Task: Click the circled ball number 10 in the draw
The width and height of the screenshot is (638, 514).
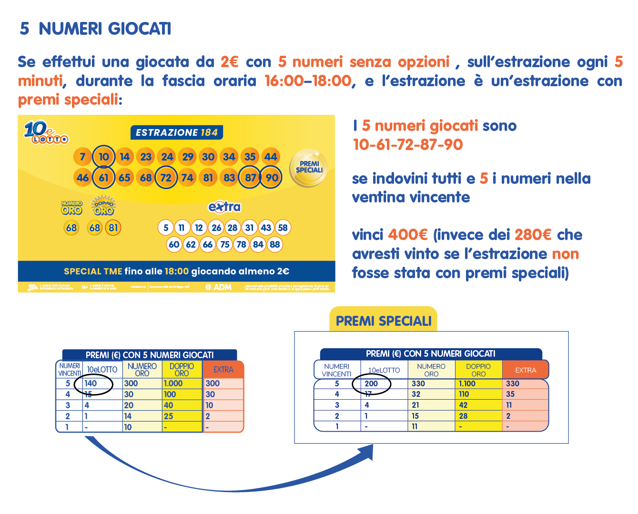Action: pyautogui.click(x=104, y=157)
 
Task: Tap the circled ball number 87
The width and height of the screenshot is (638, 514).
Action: pyautogui.click(x=250, y=178)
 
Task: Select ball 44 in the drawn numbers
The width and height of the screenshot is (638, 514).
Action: pyautogui.click(x=271, y=157)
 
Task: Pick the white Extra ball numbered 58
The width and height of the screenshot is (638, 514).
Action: pyautogui.click(x=283, y=228)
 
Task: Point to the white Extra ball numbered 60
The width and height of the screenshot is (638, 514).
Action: pyautogui.click(x=174, y=244)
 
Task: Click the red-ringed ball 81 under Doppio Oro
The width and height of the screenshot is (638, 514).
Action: pyautogui.click(x=113, y=228)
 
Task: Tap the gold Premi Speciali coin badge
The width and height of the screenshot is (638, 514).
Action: pyautogui.click(x=309, y=168)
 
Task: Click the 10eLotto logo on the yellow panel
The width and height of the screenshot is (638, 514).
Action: pyautogui.click(x=46, y=132)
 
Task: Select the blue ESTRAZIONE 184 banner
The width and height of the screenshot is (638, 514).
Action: pyautogui.click(x=176, y=132)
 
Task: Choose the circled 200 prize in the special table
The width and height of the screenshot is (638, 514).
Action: pyautogui.click(x=371, y=383)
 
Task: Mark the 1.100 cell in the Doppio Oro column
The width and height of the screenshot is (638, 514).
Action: pyautogui.click(x=467, y=383)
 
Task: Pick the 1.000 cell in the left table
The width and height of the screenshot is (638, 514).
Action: pyautogui.click(x=173, y=383)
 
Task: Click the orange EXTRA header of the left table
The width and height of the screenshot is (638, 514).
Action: pyautogui.click(x=223, y=370)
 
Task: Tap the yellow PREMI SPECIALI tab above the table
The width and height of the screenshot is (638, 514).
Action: pyautogui.click(x=383, y=321)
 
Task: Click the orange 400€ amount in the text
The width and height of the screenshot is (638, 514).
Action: pyautogui.click(x=407, y=235)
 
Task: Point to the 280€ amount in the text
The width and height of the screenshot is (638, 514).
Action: pyautogui.click(x=533, y=235)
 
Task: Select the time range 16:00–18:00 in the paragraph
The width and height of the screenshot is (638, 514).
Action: pyautogui.click(x=308, y=81)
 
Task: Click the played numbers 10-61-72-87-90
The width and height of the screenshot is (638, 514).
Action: pyautogui.click(x=407, y=145)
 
